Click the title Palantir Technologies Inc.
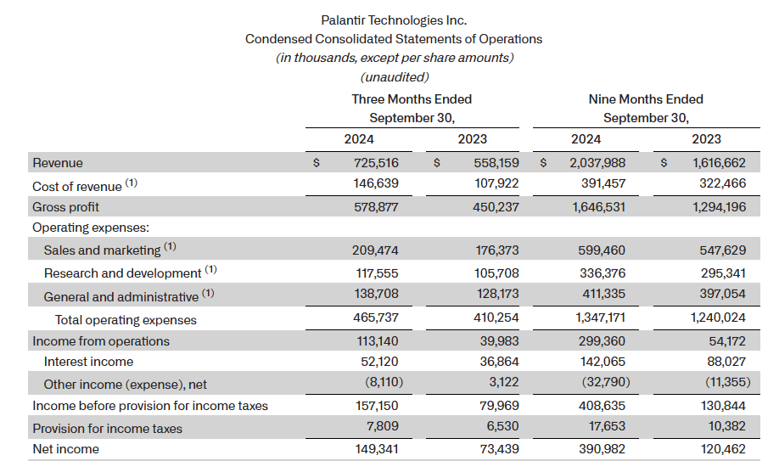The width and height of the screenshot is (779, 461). click(394, 20)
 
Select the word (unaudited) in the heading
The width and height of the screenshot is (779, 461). click(395, 76)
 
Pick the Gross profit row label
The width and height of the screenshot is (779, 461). click(65, 207)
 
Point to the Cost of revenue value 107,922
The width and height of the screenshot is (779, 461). click(496, 184)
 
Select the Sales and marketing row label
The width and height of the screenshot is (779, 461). click(102, 250)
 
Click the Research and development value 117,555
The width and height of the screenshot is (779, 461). click(374, 273)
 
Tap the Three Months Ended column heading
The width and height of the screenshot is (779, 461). click(412, 99)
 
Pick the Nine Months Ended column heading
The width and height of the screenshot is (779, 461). click(646, 99)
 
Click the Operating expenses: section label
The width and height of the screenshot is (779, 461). click(91, 228)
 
